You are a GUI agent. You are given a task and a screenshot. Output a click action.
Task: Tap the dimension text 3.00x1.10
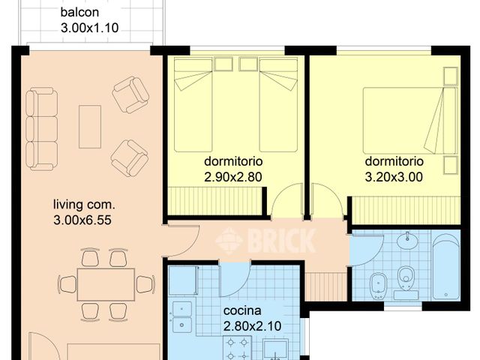91,29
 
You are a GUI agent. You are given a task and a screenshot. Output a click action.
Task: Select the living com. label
83,203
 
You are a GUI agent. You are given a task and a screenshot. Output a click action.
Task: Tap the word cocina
242,310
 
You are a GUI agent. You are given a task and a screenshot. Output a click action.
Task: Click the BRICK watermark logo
266,241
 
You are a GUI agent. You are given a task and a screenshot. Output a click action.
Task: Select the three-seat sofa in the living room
40,128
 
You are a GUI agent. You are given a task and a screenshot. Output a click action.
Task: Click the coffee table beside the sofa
90,125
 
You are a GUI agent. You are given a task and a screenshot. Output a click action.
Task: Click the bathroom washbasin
407,241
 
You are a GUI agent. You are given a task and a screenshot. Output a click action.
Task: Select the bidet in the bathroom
377,283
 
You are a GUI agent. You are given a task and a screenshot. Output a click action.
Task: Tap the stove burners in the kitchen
239,346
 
